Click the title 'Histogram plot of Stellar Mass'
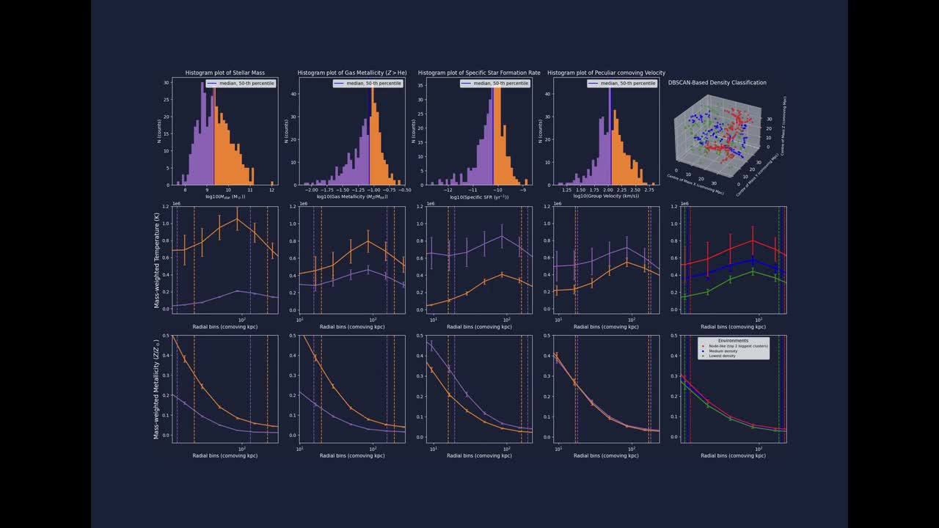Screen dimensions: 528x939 (x=224, y=73)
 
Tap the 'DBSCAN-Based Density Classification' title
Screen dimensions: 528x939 (x=717, y=83)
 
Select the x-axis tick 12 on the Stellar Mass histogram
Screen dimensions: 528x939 (x=271, y=190)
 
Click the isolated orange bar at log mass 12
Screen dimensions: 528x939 (x=271, y=183)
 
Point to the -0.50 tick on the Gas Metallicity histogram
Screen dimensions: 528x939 (x=404, y=190)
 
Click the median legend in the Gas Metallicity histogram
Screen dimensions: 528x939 (x=368, y=84)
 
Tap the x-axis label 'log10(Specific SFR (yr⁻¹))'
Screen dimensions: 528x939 (x=478, y=197)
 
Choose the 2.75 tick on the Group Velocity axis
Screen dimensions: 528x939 (x=649, y=190)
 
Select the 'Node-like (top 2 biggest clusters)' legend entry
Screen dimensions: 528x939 (x=734, y=346)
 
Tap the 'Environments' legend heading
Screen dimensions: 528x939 (x=733, y=340)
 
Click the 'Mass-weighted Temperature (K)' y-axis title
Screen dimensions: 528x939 (x=157, y=260)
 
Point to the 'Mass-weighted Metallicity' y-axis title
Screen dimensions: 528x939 (x=157, y=389)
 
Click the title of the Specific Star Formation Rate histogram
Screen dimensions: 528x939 (x=479, y=73)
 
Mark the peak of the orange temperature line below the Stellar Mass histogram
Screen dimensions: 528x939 (x=237, y=219)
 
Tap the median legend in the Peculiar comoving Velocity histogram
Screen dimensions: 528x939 (x=622, y=84)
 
